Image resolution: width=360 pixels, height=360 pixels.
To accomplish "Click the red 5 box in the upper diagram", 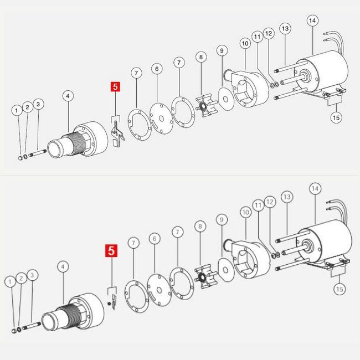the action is coord(115,86).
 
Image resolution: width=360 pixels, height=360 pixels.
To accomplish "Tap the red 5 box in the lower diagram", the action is coord(111,250).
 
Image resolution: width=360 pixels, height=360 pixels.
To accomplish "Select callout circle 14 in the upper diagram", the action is coord(312,20).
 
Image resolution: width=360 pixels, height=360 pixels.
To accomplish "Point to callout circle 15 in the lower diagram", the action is coord(340,289).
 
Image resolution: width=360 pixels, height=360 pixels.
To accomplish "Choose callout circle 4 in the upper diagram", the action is coord(68,96).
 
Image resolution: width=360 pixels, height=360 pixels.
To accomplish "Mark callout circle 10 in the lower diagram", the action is coord(246,212).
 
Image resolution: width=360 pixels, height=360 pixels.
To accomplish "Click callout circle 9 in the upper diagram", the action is coord(222,50).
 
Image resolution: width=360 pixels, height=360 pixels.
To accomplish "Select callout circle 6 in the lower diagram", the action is coord(155,239).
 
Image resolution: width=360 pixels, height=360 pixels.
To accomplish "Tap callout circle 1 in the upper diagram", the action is coord(17,111).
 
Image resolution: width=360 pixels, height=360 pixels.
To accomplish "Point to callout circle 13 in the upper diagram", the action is coord(285,28).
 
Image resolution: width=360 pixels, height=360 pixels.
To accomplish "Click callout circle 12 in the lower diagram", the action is coord(270,202).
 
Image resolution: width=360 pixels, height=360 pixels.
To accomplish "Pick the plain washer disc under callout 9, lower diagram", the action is coord(226,270).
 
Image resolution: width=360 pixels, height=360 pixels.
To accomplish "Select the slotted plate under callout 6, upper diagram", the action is coord(161,118).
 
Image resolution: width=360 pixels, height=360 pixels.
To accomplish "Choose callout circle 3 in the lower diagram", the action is coord(32,275).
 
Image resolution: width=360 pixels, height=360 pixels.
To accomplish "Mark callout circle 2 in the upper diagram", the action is coord(28,107).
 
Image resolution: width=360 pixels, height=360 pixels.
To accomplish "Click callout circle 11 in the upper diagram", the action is coord(258,37).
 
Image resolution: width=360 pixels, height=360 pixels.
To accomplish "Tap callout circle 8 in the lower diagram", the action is coord(200,227).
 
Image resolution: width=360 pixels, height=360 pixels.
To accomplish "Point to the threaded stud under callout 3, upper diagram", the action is coord(38,153).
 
